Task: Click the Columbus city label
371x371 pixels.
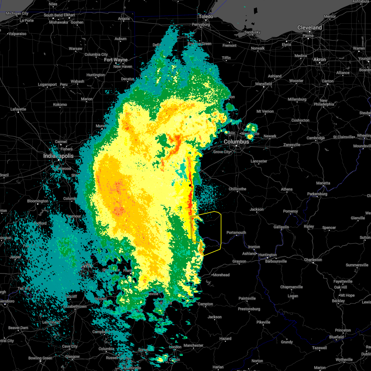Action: click(x=237, y=142)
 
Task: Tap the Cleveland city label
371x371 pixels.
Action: click(x=309, y=28)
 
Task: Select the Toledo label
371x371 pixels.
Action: click(x=206, y=16)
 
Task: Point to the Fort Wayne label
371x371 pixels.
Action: click(x=116, y=60)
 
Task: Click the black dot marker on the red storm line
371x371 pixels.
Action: click(x=190, y=185)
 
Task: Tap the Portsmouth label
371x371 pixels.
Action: click(x=236, y=232)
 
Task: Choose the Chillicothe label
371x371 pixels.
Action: click(x=237, y=189)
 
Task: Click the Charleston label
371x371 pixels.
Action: click(x=313, y=260)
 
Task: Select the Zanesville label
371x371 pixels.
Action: click(x=292, y=145)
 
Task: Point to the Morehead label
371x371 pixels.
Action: click(x=221, y=275)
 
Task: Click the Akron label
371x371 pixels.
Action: click(x=320, y=59)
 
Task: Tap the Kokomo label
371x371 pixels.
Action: click(x=60, y=104)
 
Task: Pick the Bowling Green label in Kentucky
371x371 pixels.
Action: click(x=40, y=358)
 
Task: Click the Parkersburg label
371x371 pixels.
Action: click(x=317, y=194)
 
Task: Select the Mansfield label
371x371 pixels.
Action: click(x=264, y=84)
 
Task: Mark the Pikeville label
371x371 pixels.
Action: click(x=263, y=322)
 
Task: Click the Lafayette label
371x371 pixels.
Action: click(x=18, y=109)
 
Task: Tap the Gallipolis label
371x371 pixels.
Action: click(x=281, y=227)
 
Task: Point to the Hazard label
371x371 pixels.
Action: click(x=225, y=339)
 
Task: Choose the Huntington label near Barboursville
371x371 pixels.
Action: click(x=268, y=255)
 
